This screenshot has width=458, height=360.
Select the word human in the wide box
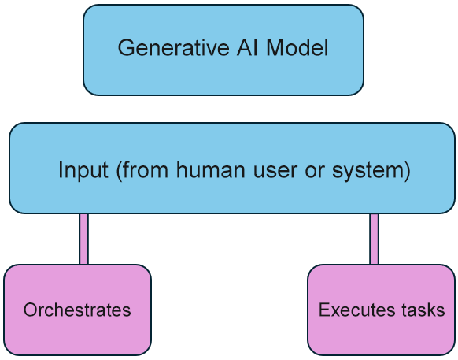click(211, 170)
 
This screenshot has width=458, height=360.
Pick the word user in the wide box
click(266, 170)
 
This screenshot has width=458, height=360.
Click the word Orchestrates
click(77, 310)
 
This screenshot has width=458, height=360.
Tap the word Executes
click(351, 310)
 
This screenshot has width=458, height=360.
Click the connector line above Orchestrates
click(83, 239)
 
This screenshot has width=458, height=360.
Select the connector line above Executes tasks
click(374, 239)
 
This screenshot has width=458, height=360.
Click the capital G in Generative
click(124, 49)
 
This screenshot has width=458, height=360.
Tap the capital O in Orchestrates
click(28, 310)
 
